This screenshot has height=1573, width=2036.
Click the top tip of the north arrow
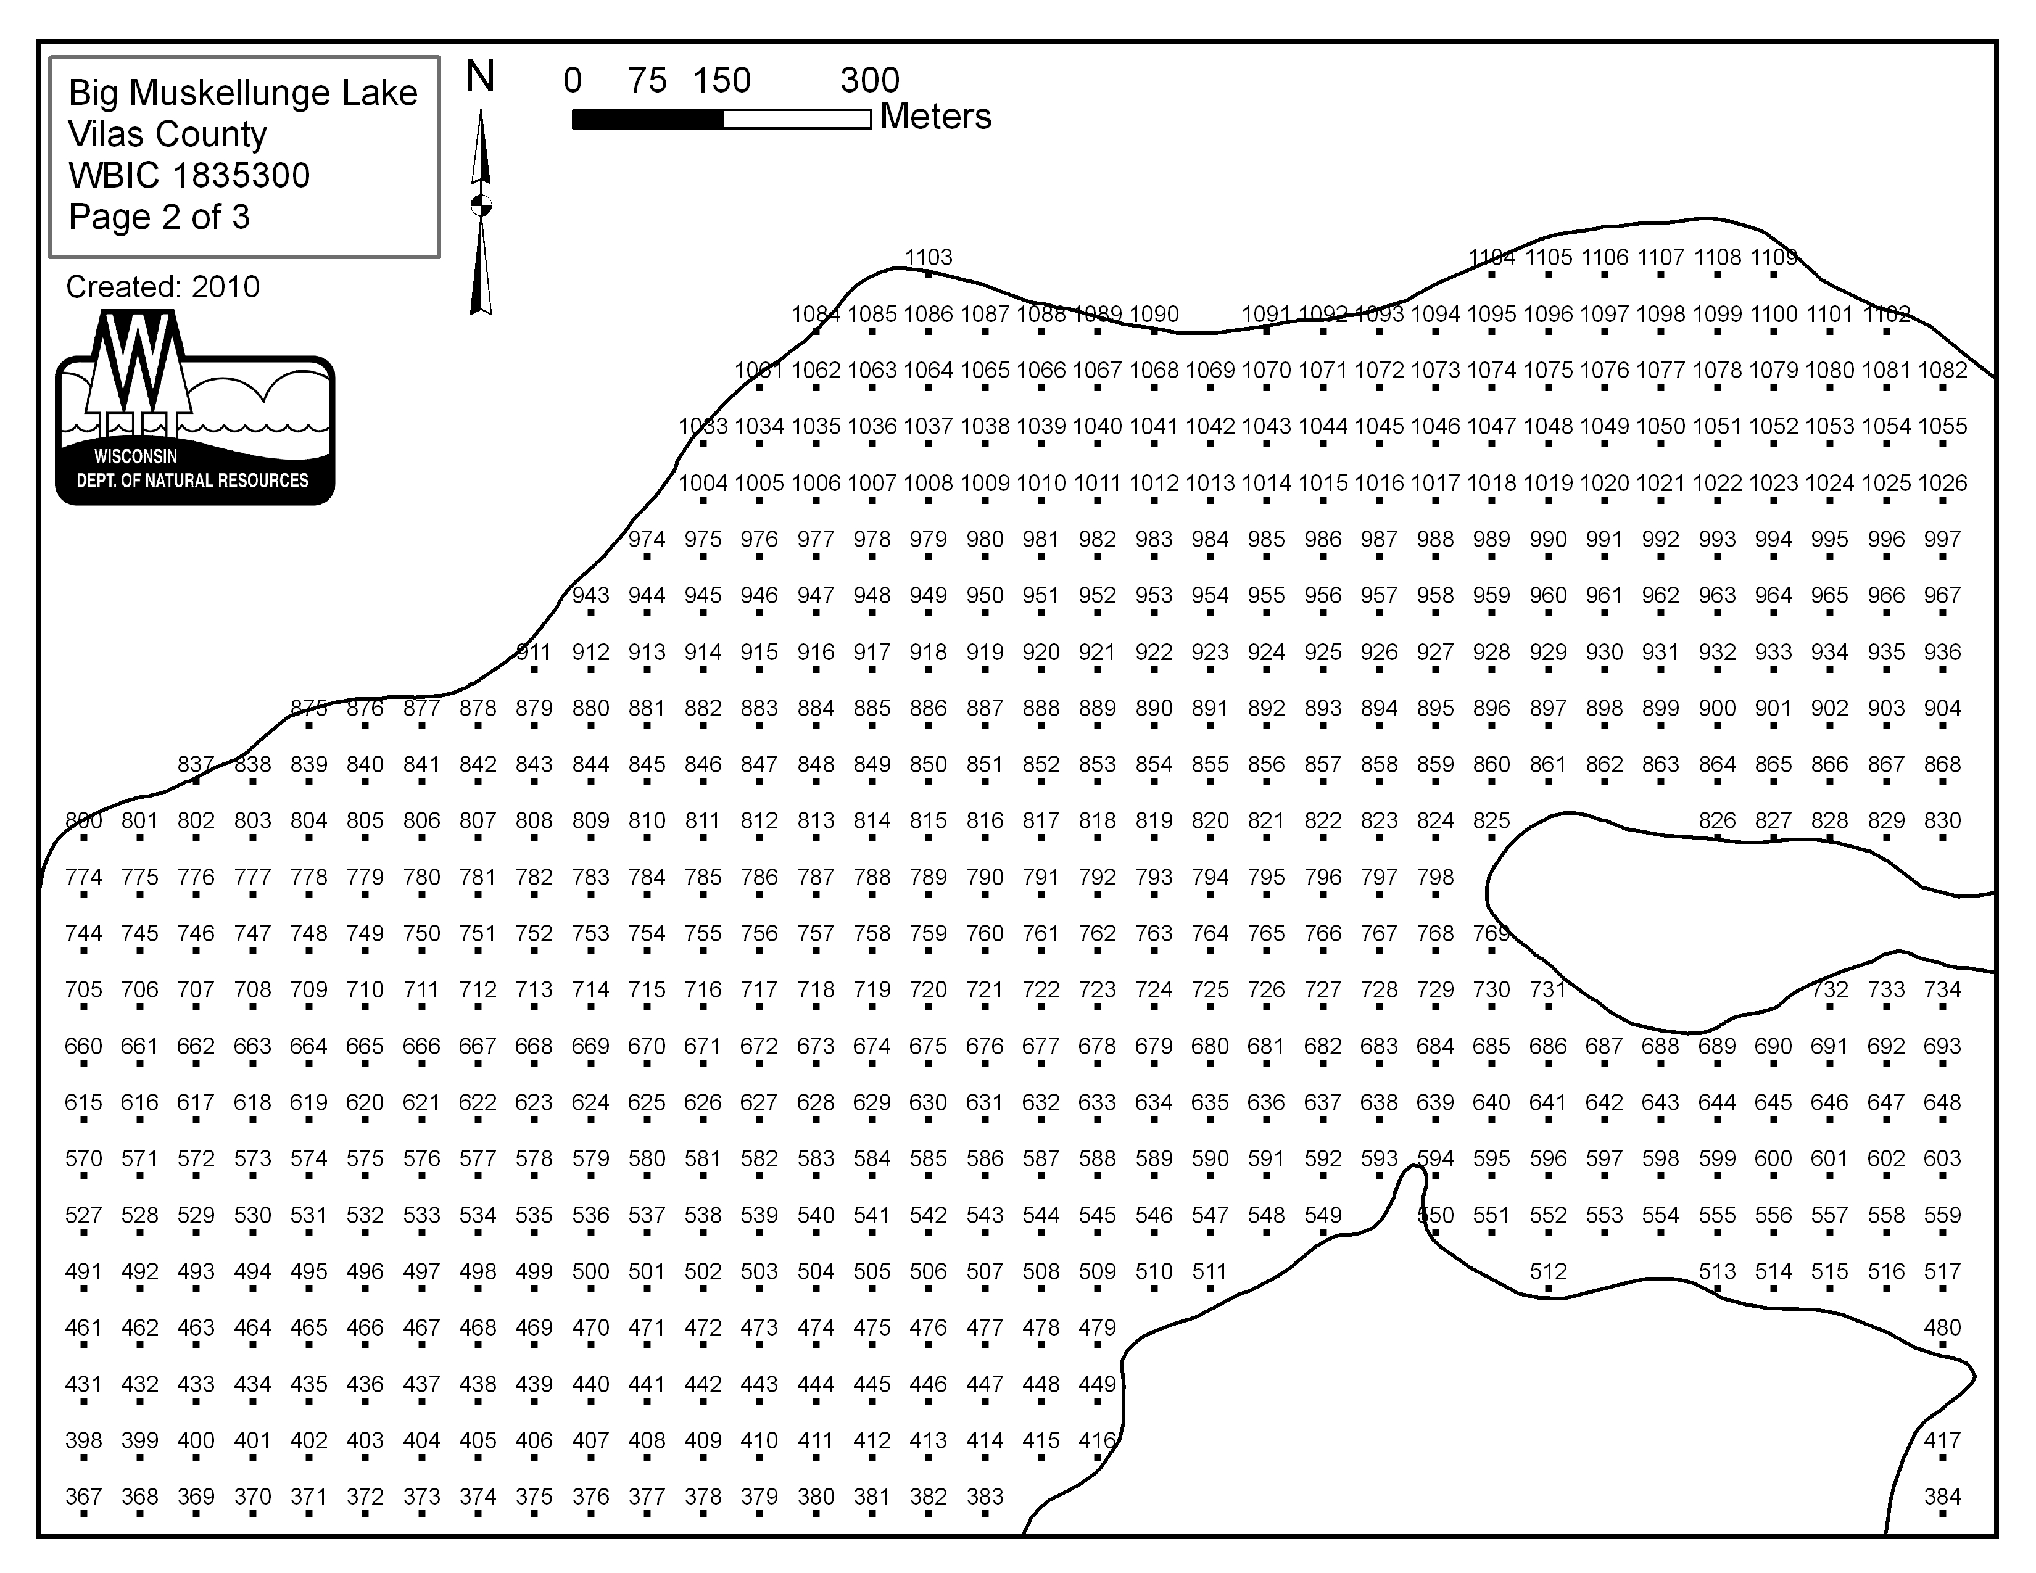click(481, 106)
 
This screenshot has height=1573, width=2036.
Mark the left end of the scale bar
click(573, 119)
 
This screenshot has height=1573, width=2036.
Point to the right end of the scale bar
click(871, 119)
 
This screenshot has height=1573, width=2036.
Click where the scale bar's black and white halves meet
click(722, 119)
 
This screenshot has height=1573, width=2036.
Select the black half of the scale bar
click(647, 119)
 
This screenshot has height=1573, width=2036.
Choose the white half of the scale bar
click(797, 119)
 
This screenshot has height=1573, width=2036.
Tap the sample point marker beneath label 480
click(1943, 1345)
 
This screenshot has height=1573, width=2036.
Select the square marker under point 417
click(1943, 1458)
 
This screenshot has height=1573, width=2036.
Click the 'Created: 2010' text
click(163, 287)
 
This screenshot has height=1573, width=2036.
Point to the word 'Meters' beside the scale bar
click(936, 117)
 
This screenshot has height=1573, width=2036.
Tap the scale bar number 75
click(647, 80)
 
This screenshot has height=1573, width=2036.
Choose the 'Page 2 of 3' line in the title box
click(159, 217)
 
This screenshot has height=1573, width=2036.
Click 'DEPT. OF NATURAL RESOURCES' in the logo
click(193, 481)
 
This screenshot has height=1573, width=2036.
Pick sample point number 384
click(1943, 1497)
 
